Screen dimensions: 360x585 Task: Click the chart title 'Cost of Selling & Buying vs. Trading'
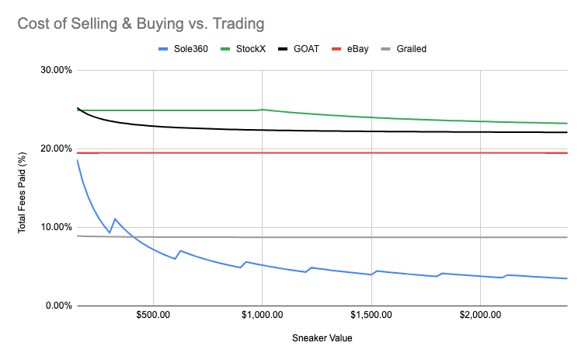(141, 23)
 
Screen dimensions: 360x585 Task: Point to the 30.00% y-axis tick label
(56, 70)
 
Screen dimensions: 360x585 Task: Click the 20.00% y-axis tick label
(56, 149)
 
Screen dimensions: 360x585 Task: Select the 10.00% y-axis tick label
(56, 227)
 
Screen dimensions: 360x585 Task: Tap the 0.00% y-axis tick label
(58, 306)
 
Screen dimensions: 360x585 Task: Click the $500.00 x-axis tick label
(153, 317)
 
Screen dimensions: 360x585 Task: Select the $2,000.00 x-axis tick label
(481, 317)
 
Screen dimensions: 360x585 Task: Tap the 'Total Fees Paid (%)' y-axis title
(24, 188)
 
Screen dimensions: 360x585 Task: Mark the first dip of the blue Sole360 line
(110, 232)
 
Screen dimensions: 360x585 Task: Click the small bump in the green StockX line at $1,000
(263, 110)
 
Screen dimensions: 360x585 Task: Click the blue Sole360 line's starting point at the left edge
(77, 159)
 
